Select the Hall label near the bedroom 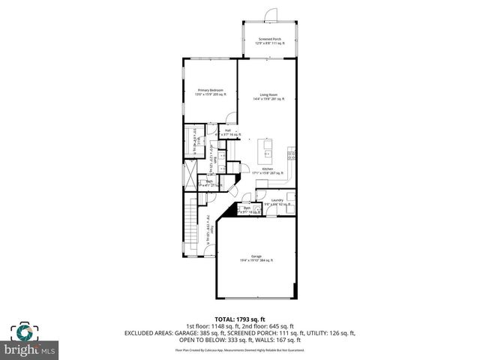pos(217,132)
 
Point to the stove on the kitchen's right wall pos(292,155)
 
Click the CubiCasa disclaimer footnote pos(239,350)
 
